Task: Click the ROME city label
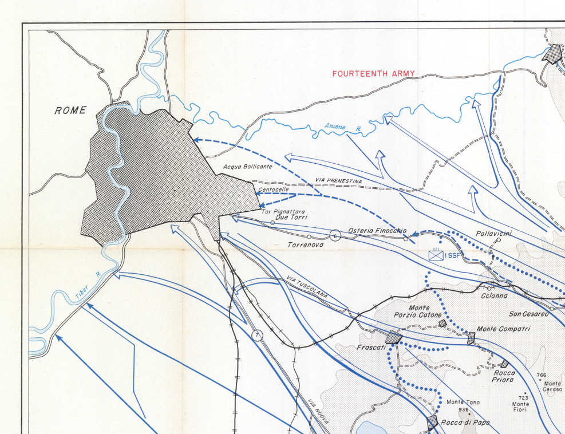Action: (x=70, y=111)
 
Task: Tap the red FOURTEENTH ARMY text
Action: (x=373, y=74)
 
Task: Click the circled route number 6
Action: (x=335, y=234)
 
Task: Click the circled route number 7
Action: (x=257, y=335)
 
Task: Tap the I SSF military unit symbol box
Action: (x=436, y=255)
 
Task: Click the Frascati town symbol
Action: (x=392, y=337)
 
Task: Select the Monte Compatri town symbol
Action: (x=471, y=337)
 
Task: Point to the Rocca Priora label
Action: (x=503, y=376)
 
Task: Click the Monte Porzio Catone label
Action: (x=418, y=311)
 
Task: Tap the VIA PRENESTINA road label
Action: (x=338, y=181)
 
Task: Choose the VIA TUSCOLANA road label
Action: (x=307, y=287)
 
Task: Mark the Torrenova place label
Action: (x=305, y=244)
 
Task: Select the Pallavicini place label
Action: (x=494, y=234)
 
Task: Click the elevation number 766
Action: (x=542, y=376)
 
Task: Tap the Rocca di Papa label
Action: (x=465, y=423)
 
